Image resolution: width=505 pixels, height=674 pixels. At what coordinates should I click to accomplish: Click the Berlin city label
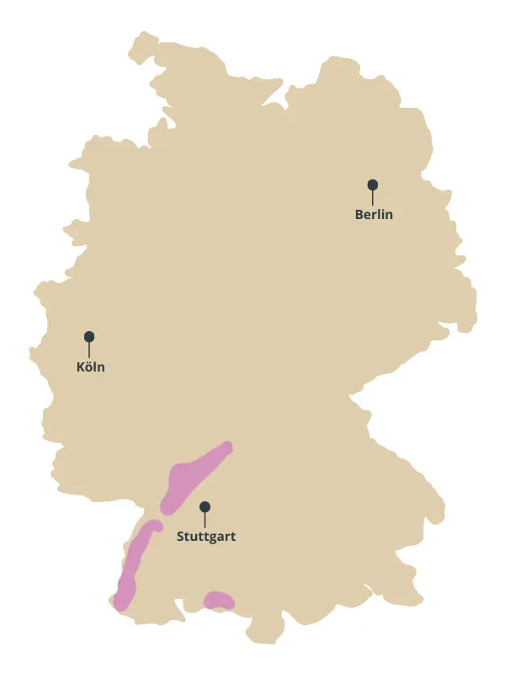pos(374,215)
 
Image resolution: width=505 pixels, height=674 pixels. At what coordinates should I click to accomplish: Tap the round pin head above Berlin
pos(373,185)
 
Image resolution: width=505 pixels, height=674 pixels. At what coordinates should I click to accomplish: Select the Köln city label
pos(90,367)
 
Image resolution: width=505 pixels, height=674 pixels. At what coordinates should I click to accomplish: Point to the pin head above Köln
pos(89,336)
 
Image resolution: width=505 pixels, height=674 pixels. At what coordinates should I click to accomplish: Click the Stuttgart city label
pos(206,536)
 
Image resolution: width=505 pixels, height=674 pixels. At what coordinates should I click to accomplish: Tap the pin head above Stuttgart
pos(205,506)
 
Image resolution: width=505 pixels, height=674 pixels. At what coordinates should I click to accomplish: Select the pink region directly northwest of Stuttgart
pos(193,477)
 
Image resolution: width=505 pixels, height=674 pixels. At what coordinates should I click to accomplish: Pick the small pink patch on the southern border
pos(220,600)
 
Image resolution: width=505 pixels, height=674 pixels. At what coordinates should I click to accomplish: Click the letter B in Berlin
pos(359,215)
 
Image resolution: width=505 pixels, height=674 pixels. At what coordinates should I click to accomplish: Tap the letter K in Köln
pos(80,367)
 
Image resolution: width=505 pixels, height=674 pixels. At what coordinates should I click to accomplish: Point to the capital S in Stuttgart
pos(181,536)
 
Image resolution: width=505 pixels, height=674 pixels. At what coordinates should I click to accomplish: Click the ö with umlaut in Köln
pos(89,367)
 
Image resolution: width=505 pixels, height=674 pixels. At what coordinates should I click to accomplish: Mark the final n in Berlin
pos(389,215)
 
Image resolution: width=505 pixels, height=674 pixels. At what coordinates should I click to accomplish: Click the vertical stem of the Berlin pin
pos(373,197)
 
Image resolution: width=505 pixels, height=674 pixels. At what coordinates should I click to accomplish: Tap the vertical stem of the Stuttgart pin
pos(205,520)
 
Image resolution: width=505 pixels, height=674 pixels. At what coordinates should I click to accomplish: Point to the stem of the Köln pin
pos(89,350)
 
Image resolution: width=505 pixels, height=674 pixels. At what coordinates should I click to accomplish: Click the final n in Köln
pos(101,368)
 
